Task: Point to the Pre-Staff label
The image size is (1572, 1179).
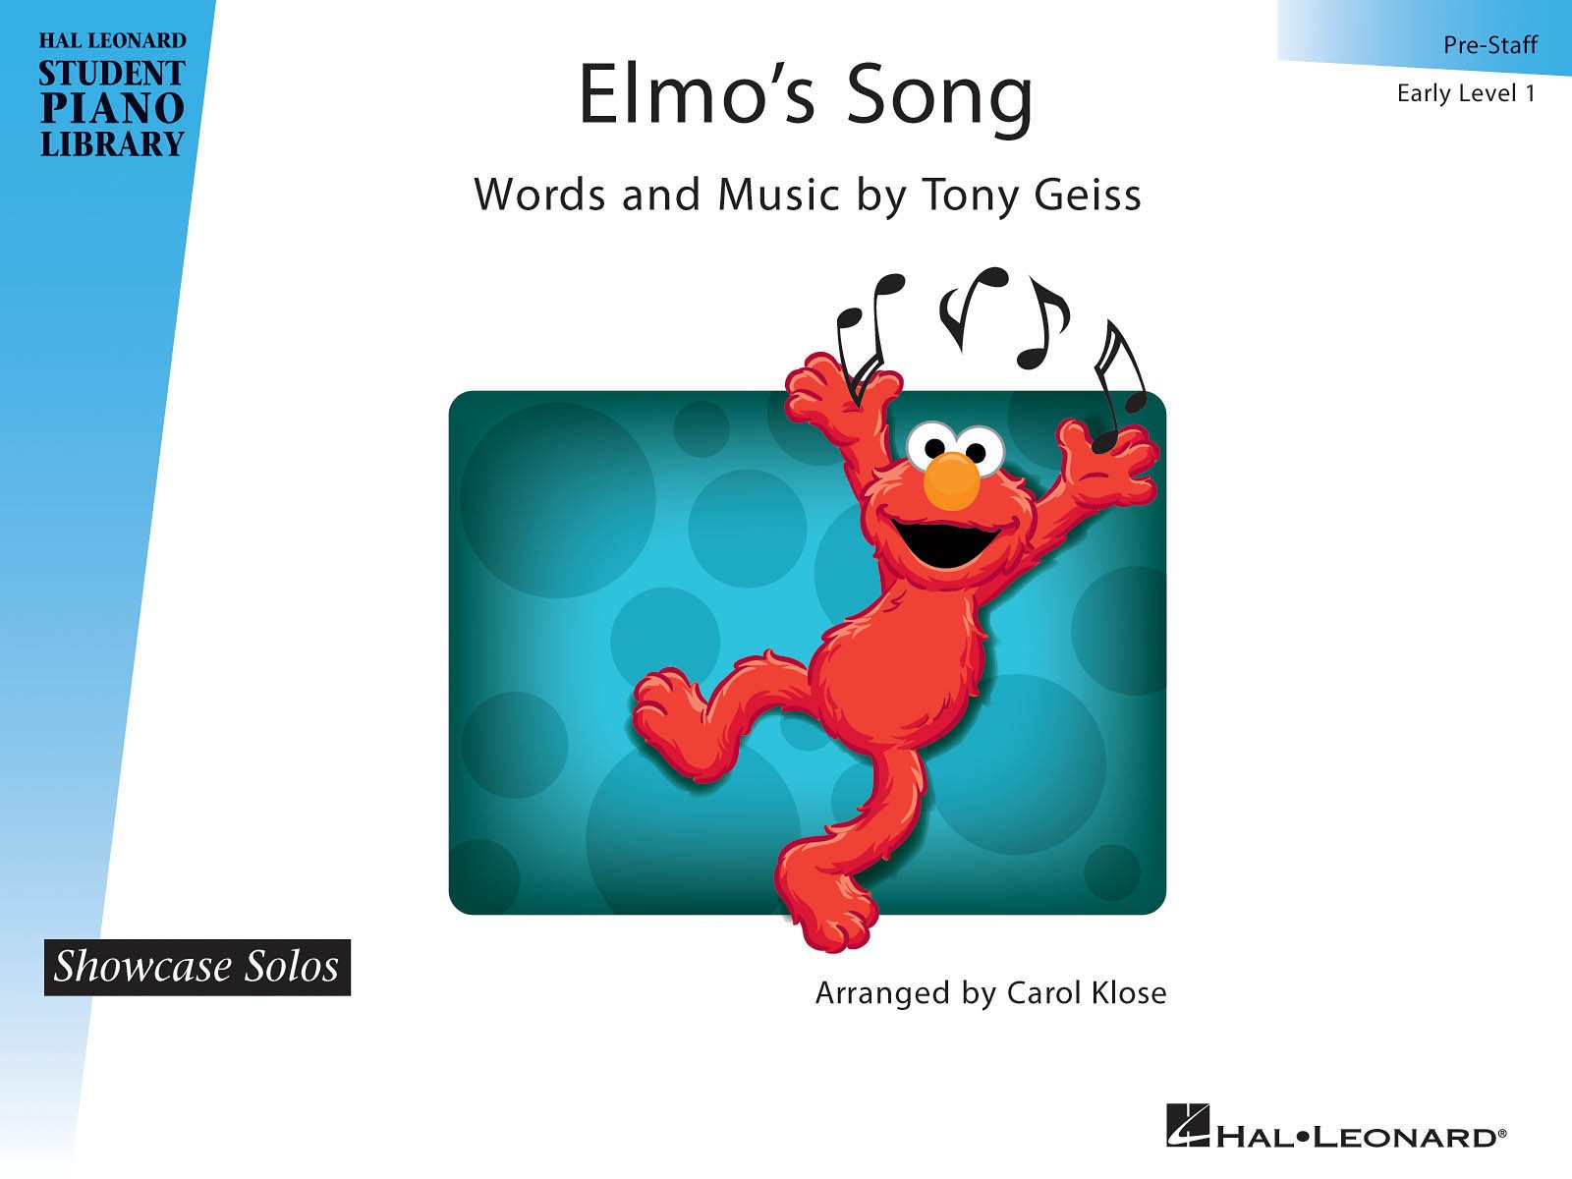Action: click(1489, 44)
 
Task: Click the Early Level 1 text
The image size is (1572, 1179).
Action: click(1465, 93)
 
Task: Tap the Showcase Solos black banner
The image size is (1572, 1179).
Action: click(196, 967)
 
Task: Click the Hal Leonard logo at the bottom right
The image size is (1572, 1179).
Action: click(1336, 1126)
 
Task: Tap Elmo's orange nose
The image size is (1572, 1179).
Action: click(951, 479)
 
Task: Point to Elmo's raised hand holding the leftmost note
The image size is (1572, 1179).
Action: click(835, 388)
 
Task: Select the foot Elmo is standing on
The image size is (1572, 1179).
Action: click(825, 894)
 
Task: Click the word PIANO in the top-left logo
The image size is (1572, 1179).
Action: click(111, 108)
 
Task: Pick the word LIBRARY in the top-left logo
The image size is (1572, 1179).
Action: click(111, 144)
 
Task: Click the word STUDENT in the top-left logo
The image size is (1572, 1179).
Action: click(111, 74)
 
